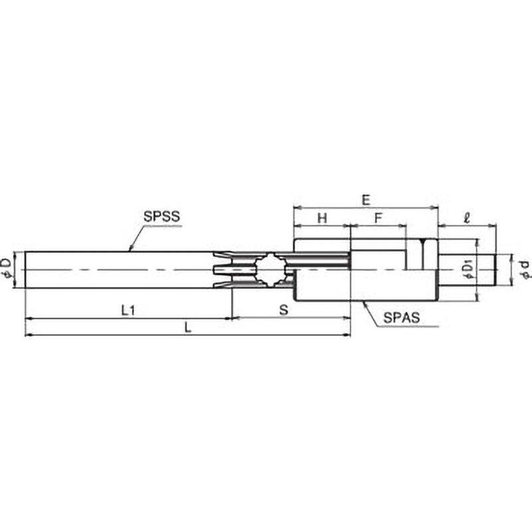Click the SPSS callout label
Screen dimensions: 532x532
(x=162, y=217)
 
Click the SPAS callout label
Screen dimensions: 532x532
(x=402, y=318)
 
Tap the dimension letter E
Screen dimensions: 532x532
(x=366, y=200)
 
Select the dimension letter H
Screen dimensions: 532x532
(x=322, y=218)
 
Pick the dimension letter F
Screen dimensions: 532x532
(x=378, y=218)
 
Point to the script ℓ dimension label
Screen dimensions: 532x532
(x=467, y=218)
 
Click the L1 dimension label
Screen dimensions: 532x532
(x=128, y=310)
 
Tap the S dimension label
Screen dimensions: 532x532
(x=284, y=309)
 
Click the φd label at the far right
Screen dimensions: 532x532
(x=525, y=270)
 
